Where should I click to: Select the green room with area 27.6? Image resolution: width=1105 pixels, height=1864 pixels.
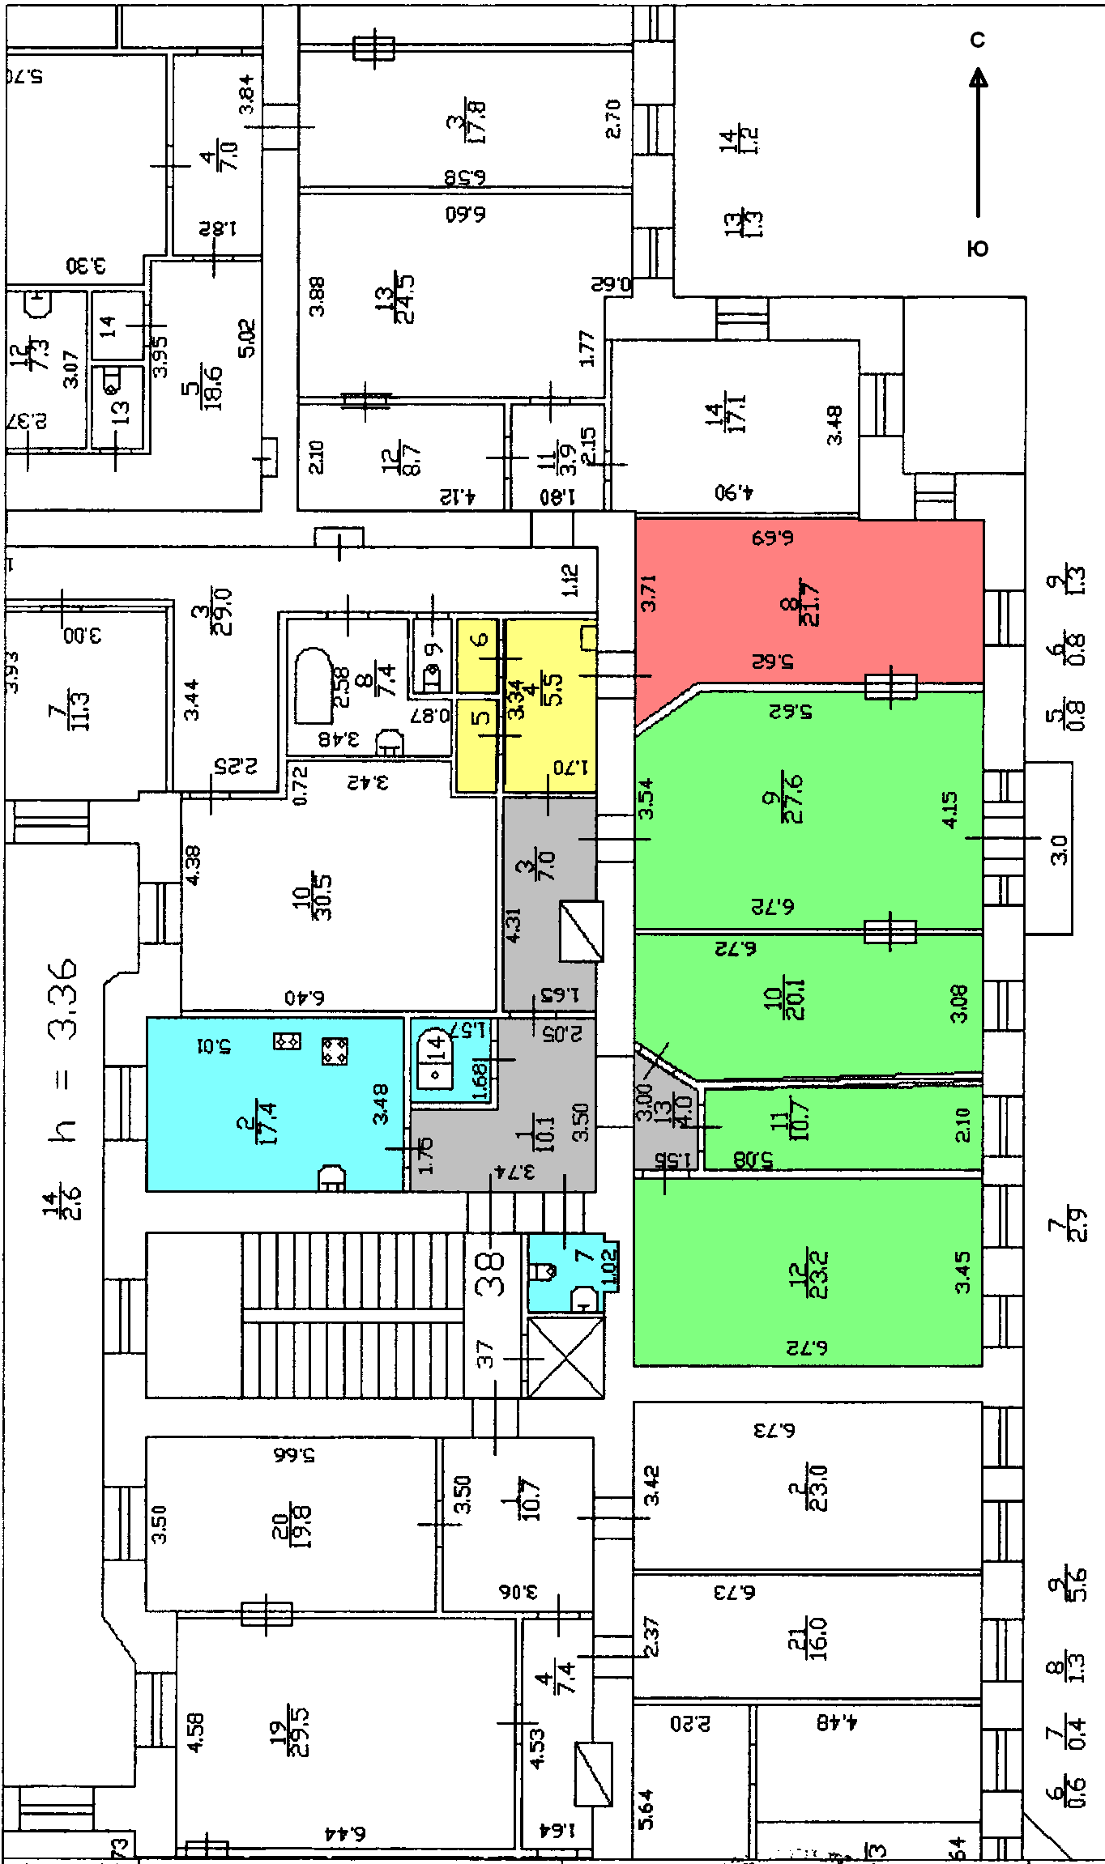[x=810, y=810]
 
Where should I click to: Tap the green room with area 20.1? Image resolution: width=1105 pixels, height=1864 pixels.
[x=810, y=1004]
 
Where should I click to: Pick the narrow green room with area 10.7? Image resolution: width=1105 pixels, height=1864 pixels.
[x=843, y=1127]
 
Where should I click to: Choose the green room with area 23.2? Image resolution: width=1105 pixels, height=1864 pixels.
[x=810, y=1271]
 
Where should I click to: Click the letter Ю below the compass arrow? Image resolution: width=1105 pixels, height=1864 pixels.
[x=979, y=249]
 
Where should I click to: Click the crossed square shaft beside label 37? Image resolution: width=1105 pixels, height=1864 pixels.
[x=565, y=1357]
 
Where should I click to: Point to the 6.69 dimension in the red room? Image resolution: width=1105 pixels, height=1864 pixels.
[x=772, y=538]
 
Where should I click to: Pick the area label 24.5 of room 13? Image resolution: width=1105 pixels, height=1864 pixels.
[x=403, y=299]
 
